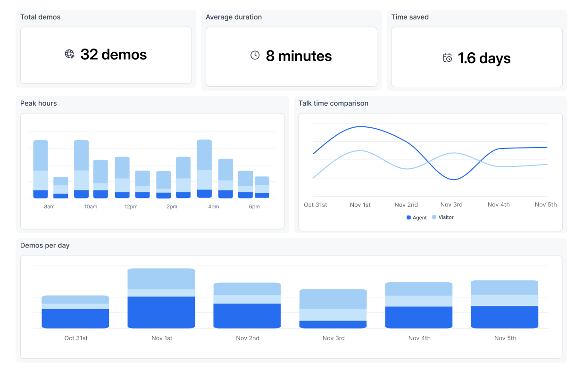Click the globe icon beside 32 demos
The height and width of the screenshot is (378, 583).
69,54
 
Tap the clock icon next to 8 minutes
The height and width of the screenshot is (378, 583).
255,56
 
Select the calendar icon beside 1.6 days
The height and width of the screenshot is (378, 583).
447,58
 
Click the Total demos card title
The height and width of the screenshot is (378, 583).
40,17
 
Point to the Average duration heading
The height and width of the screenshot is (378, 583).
233,17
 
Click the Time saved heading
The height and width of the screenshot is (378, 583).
409,17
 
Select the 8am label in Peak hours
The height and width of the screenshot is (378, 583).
49,207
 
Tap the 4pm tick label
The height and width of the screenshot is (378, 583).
213,207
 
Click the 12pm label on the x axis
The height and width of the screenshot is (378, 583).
131,207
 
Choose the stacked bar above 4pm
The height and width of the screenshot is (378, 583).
204,169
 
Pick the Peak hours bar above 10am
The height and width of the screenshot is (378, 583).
81,169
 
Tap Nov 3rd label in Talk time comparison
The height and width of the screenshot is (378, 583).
451,205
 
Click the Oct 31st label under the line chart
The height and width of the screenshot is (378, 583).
315,205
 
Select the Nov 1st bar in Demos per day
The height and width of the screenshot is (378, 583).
161,298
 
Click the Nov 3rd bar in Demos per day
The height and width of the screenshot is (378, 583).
333,309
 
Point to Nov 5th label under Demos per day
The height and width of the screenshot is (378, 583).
505,338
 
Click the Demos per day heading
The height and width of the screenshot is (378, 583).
45,246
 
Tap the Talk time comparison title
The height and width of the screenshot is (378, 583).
333,103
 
